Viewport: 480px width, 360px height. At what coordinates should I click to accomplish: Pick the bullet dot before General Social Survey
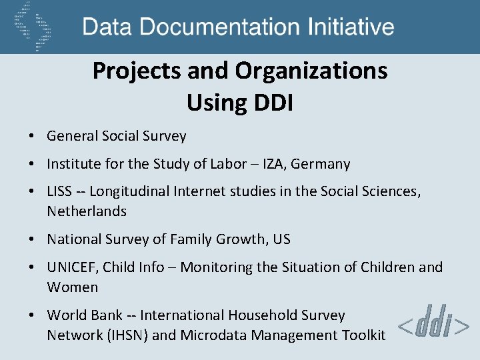(31, 137)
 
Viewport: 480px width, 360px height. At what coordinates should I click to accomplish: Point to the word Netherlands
(87, 211)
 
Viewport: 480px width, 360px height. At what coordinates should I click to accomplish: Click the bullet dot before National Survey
(31, 240)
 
